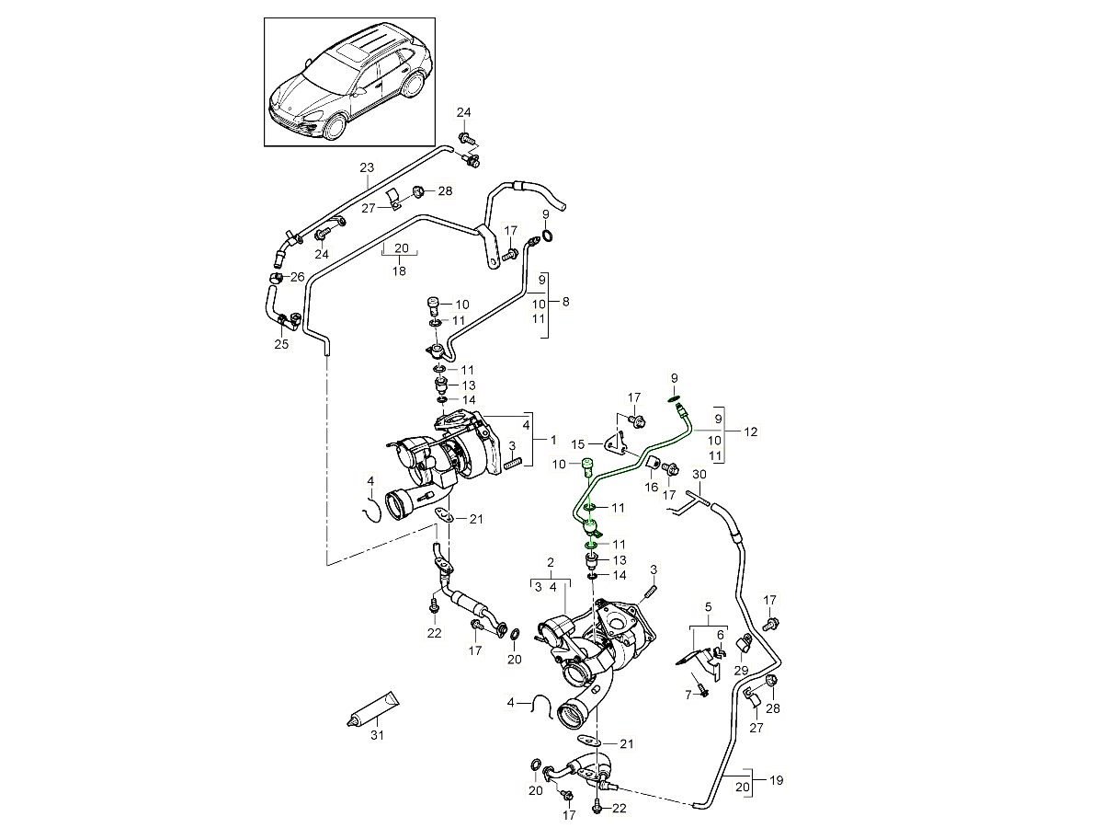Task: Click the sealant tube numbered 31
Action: coord(375,709)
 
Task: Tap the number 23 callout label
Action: coord(367,167)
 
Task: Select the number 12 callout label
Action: coord(751,431)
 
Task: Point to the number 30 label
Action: coord(699,475)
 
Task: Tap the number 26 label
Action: coord(297,277)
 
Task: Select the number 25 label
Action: coord(281,344)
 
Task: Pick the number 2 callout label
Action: coord(550,562)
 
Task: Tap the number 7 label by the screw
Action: coord(687,695)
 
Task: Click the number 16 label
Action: coord(651,488)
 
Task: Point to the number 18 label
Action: coord(400,271)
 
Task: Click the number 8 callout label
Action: coord(565,301)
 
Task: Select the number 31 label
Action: coord(375,735)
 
